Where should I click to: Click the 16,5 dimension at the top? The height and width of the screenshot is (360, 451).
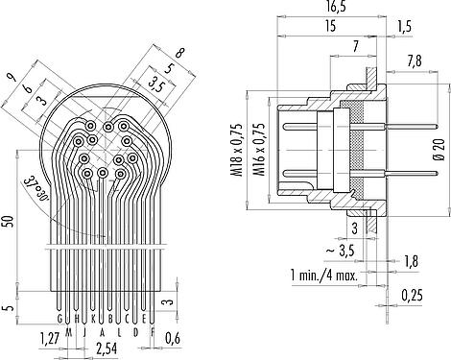click(x=331, y=7)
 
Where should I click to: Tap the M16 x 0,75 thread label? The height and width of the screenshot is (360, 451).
click(x=259, y=150)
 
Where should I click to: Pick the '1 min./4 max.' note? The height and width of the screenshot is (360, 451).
click(x=323, y=275)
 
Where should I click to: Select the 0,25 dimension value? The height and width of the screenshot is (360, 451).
click(x=413, y=296)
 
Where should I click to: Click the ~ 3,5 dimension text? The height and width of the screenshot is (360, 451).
click(x=340, y=252)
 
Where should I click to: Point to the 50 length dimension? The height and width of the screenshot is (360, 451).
click(x=10, y=222)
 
